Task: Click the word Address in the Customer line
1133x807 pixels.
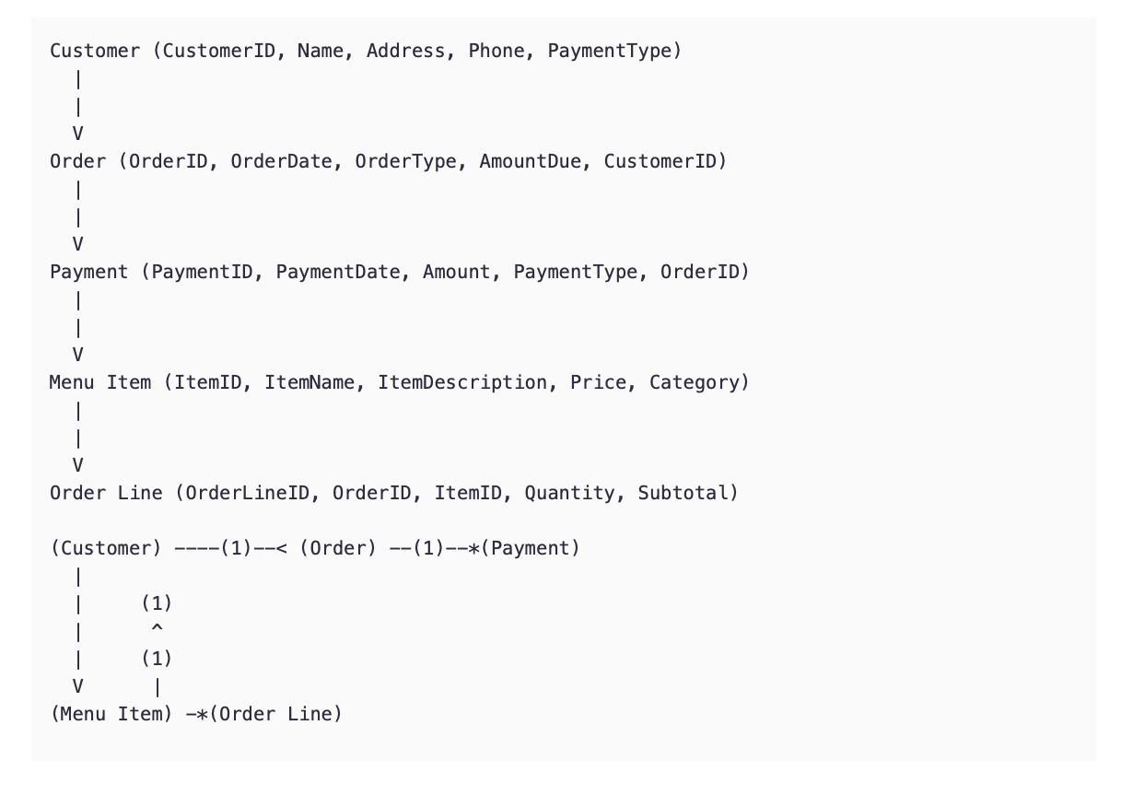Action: [x=406, y=51]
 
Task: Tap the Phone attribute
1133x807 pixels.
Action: [x=496, y=51]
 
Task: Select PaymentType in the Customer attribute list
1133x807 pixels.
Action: [x=610, y=51]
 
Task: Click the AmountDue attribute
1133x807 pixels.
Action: [x=531, y=161]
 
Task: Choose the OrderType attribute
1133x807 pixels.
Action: [x=405, y=161]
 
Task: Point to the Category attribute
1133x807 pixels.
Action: [x=695, y=382]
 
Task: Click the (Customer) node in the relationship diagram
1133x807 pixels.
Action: [x=106, y=548]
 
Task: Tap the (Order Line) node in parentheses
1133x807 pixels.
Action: [x=275, y=714]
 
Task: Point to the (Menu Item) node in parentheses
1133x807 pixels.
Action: [x=111, y=714]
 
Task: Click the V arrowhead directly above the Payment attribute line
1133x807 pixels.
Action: [x=78, y=244]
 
